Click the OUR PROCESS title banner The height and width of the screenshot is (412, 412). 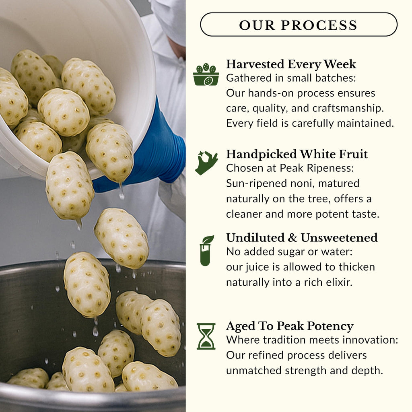tap(299, 25)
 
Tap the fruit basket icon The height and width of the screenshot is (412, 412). tap(206, 74)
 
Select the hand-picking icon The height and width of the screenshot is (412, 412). tap(206, 163)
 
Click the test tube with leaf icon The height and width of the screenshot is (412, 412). tap(206, 250)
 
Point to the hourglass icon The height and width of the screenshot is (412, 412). tap(206, 336)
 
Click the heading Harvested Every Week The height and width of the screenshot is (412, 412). tap(291, 64)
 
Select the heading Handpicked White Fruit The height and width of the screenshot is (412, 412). tap(297, 154)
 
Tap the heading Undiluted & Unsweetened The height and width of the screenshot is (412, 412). tap(302, 238)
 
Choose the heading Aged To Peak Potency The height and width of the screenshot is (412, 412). tap(290, 326)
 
